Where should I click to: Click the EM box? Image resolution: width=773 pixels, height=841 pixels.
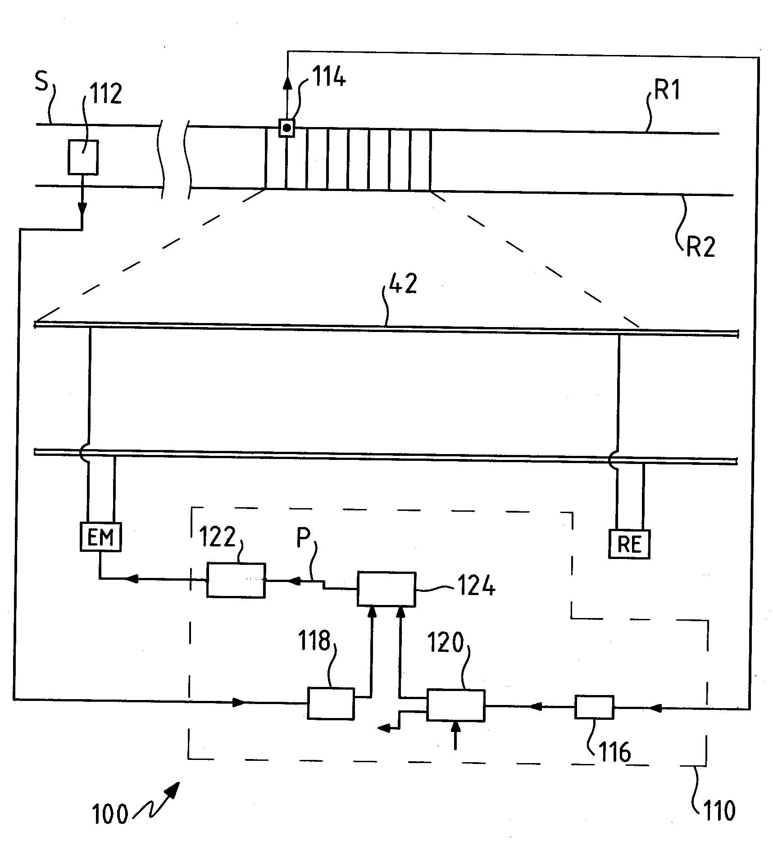point(101,536)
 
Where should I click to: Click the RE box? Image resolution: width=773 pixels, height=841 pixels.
point(629,544)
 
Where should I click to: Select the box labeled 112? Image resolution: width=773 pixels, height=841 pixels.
point(83,157)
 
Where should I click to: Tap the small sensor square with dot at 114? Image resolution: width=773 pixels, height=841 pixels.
point(286,128)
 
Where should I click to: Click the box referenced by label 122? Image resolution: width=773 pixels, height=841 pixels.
point(236,580)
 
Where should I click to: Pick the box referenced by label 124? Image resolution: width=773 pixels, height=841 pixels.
point(386,589)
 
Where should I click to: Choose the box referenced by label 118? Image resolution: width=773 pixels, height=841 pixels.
point(331,703)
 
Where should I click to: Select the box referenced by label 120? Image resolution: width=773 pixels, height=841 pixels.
point(455,705)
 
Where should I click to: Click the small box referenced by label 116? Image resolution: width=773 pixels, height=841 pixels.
point(594,707)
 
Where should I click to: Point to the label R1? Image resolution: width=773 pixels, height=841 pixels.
point(667,90)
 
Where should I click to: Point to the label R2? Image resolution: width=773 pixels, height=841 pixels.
point(700,246)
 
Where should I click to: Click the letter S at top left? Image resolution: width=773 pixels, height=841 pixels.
point(41,82)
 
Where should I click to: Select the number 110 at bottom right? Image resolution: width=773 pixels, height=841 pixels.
point(718,811)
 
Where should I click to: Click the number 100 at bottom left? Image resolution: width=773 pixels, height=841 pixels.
point(109,814)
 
